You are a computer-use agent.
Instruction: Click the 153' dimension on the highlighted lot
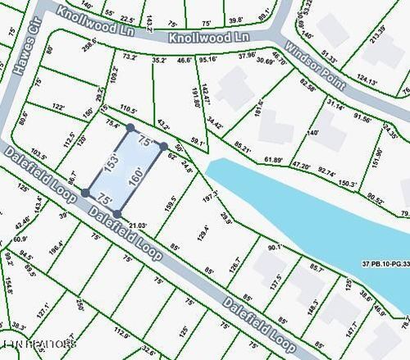click(x=110, y=161)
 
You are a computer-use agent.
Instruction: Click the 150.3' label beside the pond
click(x=348, y=185)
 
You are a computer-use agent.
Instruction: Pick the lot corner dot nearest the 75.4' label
click(x=130, y=127)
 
